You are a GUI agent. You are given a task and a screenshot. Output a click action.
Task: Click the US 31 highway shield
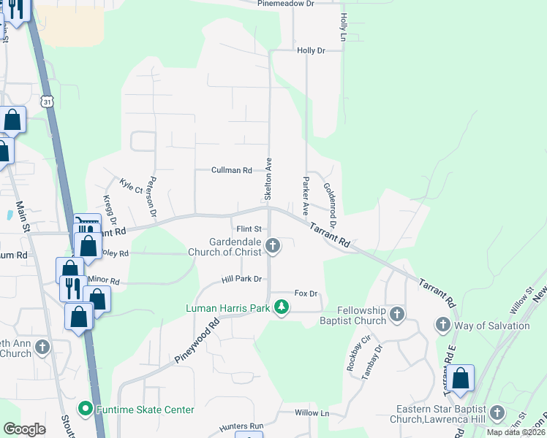coord(48,101)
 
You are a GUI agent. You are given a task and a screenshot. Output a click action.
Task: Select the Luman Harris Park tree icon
coord(282,308)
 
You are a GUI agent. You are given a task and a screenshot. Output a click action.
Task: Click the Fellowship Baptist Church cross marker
coord(397,315)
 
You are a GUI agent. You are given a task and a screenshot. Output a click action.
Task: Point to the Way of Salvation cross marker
coord(443,324)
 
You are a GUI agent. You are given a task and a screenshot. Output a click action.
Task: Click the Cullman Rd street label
coord(231,170)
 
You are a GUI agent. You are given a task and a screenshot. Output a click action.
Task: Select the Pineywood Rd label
coord(197,341)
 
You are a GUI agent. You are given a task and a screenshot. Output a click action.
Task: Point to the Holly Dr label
coord(311,50)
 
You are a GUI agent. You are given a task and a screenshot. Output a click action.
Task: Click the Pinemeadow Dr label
coord(285,4)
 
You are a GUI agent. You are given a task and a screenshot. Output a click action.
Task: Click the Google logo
coord(24,429)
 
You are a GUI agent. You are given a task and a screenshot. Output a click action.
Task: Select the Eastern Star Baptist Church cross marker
coord(497,413)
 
